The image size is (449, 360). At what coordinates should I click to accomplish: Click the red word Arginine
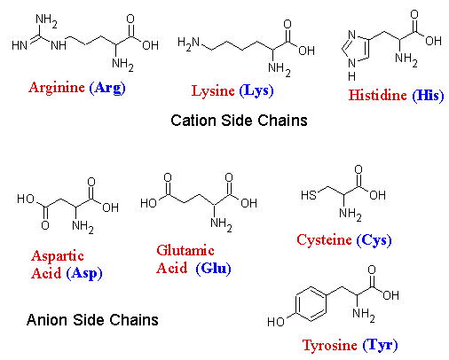coord(57,88)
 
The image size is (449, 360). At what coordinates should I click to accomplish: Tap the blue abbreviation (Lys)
coord(256,90)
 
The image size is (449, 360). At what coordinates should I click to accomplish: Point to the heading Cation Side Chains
coord(239,121)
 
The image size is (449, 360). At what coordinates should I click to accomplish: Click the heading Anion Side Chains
coord(92,320)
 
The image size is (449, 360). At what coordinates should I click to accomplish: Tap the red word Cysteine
coord(324,240)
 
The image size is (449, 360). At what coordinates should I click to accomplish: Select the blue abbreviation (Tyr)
coord(380,345)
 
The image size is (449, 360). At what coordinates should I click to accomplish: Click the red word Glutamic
coord(185,250)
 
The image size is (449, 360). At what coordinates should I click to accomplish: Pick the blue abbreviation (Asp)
coord(84,273)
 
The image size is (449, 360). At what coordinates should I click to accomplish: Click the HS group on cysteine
coord(309,195)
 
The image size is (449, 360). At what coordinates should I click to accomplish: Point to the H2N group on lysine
coord(189,43)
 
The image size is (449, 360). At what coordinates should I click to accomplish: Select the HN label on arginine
coord(20,45)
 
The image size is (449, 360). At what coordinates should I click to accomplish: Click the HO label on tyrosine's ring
coord(276,322)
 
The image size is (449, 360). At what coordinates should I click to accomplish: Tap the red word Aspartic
coord(58,256)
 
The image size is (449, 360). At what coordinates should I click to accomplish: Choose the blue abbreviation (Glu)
coord(213,269)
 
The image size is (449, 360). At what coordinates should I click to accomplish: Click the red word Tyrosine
coord(329,345)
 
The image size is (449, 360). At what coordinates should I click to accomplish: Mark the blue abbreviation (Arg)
coord(107,88)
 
